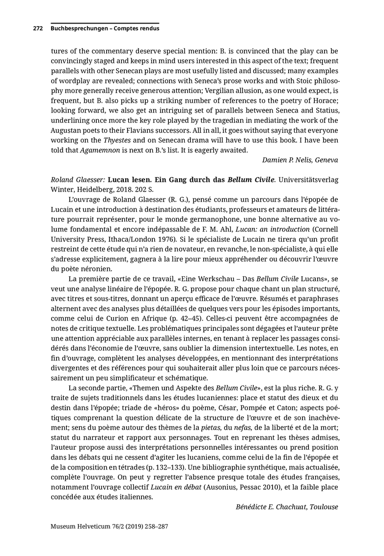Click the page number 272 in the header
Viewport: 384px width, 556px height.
pos(38,29)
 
